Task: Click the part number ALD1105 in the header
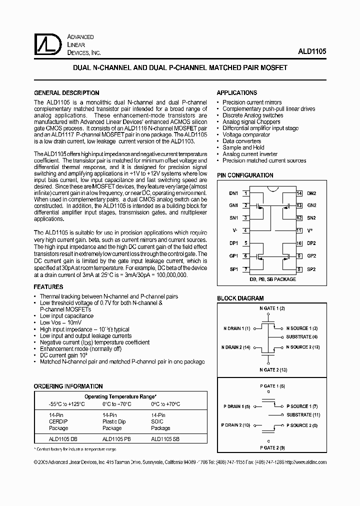pyautogui.click(x=313, y=52)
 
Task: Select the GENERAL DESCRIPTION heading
pyautogui.click(x=66, y=93)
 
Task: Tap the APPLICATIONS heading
pyautogui.click(x=236, y=93)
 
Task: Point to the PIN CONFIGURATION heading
pyautogui.click(x=245, y=175)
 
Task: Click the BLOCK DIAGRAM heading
pyautogui.click(x=240, y=298)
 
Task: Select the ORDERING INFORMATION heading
pyautogui.click(x=68, y=386)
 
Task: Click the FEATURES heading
pyautogui.click(x=48, y=287)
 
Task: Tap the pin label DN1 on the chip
pyautogui.click(x=233, y=193)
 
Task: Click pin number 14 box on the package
pyautogui.click(x=299, y=193)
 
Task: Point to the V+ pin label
pyautogui.click(x=310, y=230)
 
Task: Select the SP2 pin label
pyautogui.click(x=311, y=269)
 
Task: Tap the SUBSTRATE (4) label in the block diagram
pyautogui.click(x=302, y=337)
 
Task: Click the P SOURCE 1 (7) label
pyautogui.click(x=302, y=406)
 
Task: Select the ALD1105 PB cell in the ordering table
pyautogui.click(x=116, y=438)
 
